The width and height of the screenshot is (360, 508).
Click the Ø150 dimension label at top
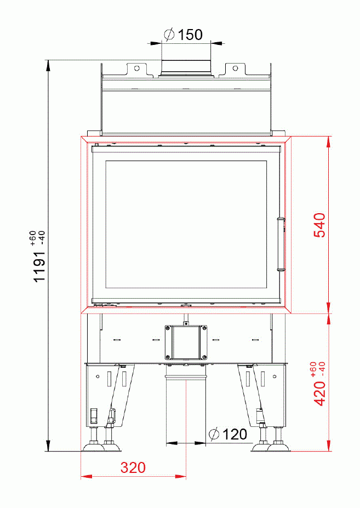click(x=184, y=35)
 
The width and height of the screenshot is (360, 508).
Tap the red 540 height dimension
click(x=319, y=225)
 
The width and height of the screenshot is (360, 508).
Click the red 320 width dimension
click(x=133, y=468)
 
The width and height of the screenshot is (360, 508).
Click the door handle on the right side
click(x=282, y=244)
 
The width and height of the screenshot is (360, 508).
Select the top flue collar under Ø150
click(x=186, y=66)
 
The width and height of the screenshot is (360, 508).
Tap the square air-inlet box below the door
click(x=186, y=343)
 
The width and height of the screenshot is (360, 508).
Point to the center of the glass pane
click(x=186, y=225)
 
